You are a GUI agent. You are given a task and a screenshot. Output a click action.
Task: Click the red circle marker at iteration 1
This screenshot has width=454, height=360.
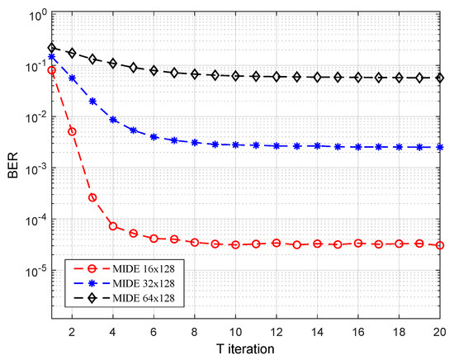[x=52, y=71]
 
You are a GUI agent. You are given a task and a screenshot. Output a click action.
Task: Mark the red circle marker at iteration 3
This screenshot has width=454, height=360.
[x=92, y=197]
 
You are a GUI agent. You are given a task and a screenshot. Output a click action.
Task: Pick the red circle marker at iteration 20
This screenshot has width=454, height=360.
[x=439, y=245]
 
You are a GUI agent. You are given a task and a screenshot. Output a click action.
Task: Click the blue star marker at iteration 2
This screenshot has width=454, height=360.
[x=73, y=78]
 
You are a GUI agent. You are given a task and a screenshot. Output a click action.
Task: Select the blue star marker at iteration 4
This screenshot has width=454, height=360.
[x=113, y=120]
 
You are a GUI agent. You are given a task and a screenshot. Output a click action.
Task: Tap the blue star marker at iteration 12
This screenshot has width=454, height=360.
[x=277, y=145]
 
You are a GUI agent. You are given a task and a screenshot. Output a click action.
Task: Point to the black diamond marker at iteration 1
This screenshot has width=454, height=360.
[x=52, y=48]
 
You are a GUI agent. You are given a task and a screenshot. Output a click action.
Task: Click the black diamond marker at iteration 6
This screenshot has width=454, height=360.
[x=154, y=70]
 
